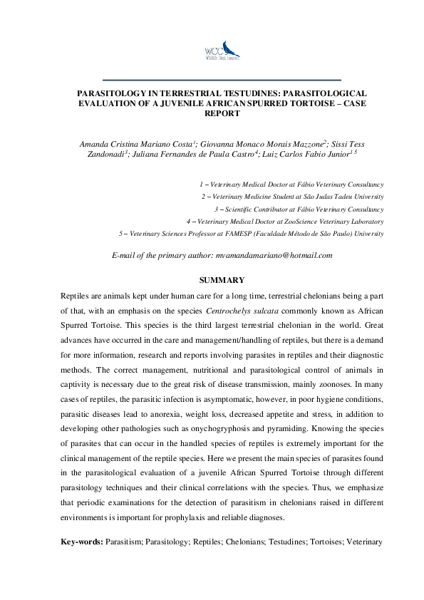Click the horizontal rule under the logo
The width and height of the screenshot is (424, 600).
[x=222, y=79]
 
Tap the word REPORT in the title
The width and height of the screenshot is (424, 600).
[x=222, y=113]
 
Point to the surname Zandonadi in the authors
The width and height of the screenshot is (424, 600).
[x=103, y=153]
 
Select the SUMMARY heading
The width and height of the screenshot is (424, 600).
[x=222, y=279]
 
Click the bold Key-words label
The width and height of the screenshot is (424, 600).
[x=81, y=542]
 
